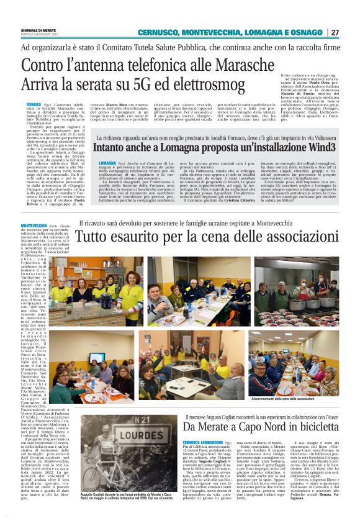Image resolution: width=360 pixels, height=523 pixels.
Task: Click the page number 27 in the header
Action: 335,32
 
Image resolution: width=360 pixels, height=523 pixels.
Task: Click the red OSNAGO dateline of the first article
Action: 34,105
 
